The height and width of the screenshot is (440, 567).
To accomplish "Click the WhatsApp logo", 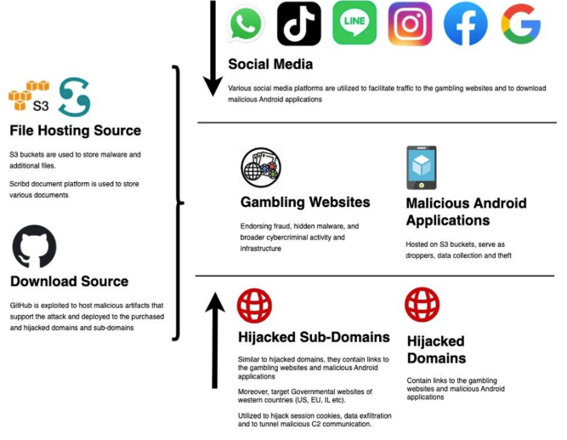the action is click(246, 24).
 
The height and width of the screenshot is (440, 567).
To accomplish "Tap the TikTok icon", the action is click(298, 24).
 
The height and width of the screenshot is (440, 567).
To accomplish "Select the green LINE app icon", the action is click(354, 22).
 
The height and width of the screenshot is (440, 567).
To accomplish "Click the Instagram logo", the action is click(410, 24).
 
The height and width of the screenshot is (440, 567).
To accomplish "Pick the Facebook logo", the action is click(465, 24).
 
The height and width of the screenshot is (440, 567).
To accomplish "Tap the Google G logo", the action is click(521, 24).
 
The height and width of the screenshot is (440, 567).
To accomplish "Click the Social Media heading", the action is click(270, 64).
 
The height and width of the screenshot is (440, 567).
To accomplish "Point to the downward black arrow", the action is click(213, 49).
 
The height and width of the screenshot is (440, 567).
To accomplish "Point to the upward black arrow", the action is click(215, 340).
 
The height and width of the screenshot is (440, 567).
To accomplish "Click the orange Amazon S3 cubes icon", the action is click(29, 95).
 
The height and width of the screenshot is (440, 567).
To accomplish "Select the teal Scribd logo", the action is click(74, 97).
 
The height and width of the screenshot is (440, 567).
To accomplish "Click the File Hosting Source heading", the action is click(75, 130).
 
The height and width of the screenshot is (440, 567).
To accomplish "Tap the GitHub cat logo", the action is click(34, 247).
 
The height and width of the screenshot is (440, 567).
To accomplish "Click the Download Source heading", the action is click(70, 282).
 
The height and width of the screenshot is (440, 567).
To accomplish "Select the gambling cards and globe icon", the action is click(261, 168).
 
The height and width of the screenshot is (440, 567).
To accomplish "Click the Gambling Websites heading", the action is click(305, 202).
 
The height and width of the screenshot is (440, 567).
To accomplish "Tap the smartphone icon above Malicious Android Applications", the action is click(422, 168).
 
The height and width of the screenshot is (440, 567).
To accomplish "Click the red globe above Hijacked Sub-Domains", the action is click(254, 306).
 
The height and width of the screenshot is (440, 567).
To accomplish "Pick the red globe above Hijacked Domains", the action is click(422, 305).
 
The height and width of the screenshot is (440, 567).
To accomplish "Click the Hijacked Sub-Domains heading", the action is click(314, 337).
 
